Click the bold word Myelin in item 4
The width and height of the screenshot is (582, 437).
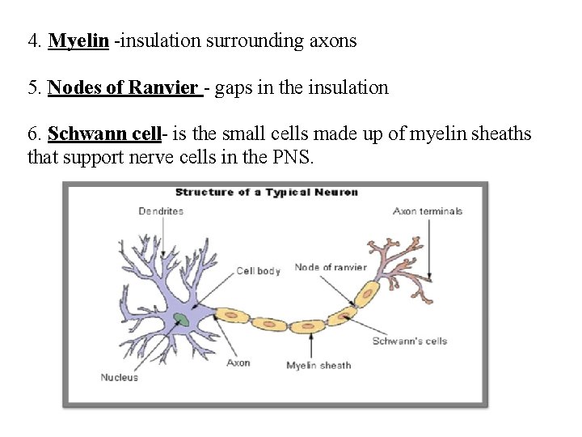pos(78,40)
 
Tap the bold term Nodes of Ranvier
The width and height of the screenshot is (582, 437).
pos(123,87)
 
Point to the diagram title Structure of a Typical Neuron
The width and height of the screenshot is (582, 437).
pos(267,192)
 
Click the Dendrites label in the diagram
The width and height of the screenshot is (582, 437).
pos(161,211)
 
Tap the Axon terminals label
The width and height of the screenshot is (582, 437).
pos(428,211)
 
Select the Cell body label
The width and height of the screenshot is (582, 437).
pos(258,270)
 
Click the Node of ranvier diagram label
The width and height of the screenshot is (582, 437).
pos(331,267)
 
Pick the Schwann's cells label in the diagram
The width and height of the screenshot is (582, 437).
pos(409,341)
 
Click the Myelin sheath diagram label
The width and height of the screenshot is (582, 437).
pos(318,365)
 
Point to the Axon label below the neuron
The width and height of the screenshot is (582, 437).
pos(238,363)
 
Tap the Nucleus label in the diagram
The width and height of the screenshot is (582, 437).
pos(119,377)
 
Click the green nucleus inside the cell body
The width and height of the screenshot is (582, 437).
pos(183,320)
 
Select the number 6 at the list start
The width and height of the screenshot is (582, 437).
pos(32,134)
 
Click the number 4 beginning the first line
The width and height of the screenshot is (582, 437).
pos(32,40)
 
